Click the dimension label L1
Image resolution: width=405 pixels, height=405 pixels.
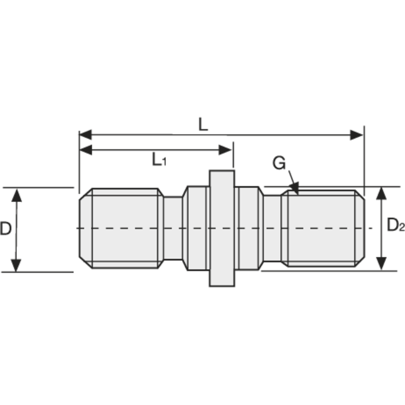click(x=159, y=160)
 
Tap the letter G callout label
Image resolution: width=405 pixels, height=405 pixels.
click(x=279, y=164)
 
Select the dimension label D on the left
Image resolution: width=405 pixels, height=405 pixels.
click(x=5, y=229)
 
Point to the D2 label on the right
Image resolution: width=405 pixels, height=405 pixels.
click(x=395, y=225)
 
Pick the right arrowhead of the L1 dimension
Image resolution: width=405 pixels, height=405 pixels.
click(x=225, y=150)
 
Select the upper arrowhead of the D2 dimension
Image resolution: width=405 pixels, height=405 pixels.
click(x=381, y=194)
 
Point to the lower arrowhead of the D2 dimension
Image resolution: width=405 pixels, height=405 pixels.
click(x=381, y=263)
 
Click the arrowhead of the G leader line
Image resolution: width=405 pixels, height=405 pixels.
click(x=295, y=189)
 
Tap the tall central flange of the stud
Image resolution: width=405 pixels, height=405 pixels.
click(x=222, y=228)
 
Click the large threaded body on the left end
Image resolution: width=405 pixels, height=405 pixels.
click(x=125, y=228)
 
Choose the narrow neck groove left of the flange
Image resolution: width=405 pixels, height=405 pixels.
click(x=173, y=228)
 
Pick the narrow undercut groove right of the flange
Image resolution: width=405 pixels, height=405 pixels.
click(x=273, y=228)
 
